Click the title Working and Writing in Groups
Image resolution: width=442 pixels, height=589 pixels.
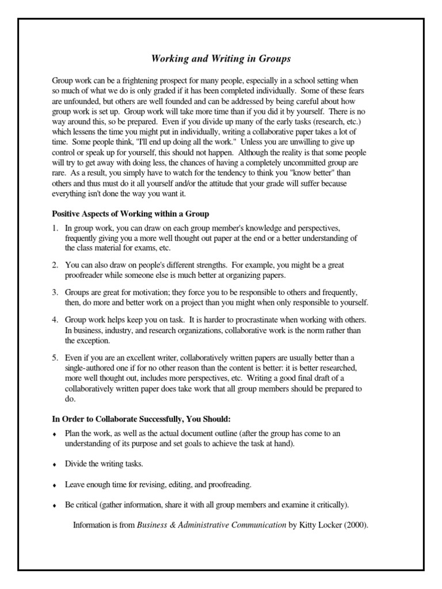(221, 59)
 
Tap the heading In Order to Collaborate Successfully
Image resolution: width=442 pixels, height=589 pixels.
(142, 418)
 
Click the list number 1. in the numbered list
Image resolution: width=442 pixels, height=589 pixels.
(55, 228)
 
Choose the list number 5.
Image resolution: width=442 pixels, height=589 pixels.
(55, 357)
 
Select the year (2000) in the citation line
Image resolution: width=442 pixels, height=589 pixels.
(355, 525)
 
